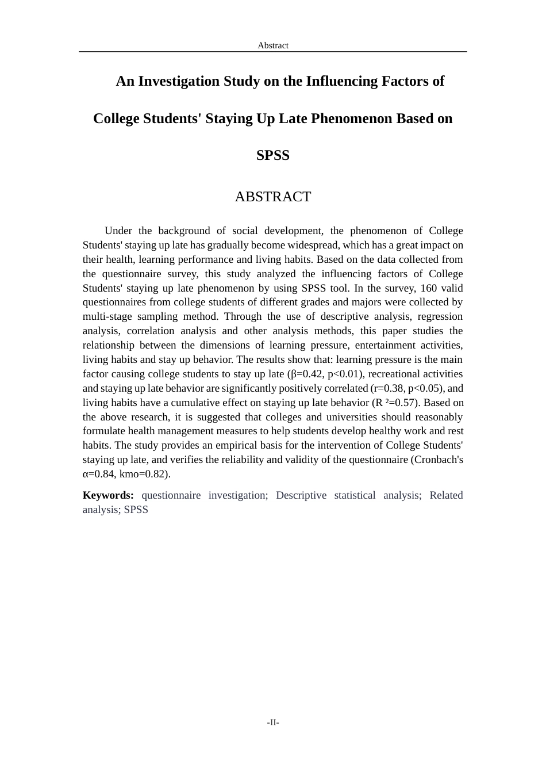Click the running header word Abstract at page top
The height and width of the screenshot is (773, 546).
[x=272, y=45]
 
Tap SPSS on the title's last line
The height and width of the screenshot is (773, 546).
[x=272, y=155]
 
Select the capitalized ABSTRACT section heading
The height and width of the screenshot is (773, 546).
[x=272, y=197]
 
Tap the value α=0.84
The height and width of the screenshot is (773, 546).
[x=99, y=474]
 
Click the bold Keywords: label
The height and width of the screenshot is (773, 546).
[x=108, y=495]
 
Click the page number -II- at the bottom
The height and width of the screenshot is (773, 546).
[x=272, y=722]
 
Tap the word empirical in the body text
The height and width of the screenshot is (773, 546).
[x=237, y=445]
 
